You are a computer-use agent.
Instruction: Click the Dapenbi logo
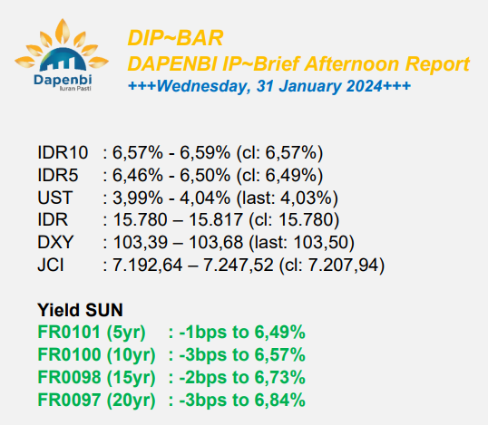point(62,55)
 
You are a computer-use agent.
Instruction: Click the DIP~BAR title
point(175,38)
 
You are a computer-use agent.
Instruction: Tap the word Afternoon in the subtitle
point(352,63)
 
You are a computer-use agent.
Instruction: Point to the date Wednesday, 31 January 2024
point(269,86)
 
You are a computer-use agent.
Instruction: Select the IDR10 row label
point(63,152)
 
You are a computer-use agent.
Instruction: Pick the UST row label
point(54,198)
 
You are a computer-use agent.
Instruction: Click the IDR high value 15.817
point(215,220)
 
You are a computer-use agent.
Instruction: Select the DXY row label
point(55,242)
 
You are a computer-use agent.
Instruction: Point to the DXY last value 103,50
point(320,242)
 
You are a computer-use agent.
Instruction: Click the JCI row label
point(51,265)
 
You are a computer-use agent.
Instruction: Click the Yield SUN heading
point(80,310)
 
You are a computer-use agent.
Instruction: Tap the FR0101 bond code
point(69,332)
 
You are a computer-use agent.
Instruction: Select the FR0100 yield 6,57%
point(279,354)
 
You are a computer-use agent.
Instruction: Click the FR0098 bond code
point(69,378)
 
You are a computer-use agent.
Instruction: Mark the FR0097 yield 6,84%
point(279,401)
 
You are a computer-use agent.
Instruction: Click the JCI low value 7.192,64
point(147,266)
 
